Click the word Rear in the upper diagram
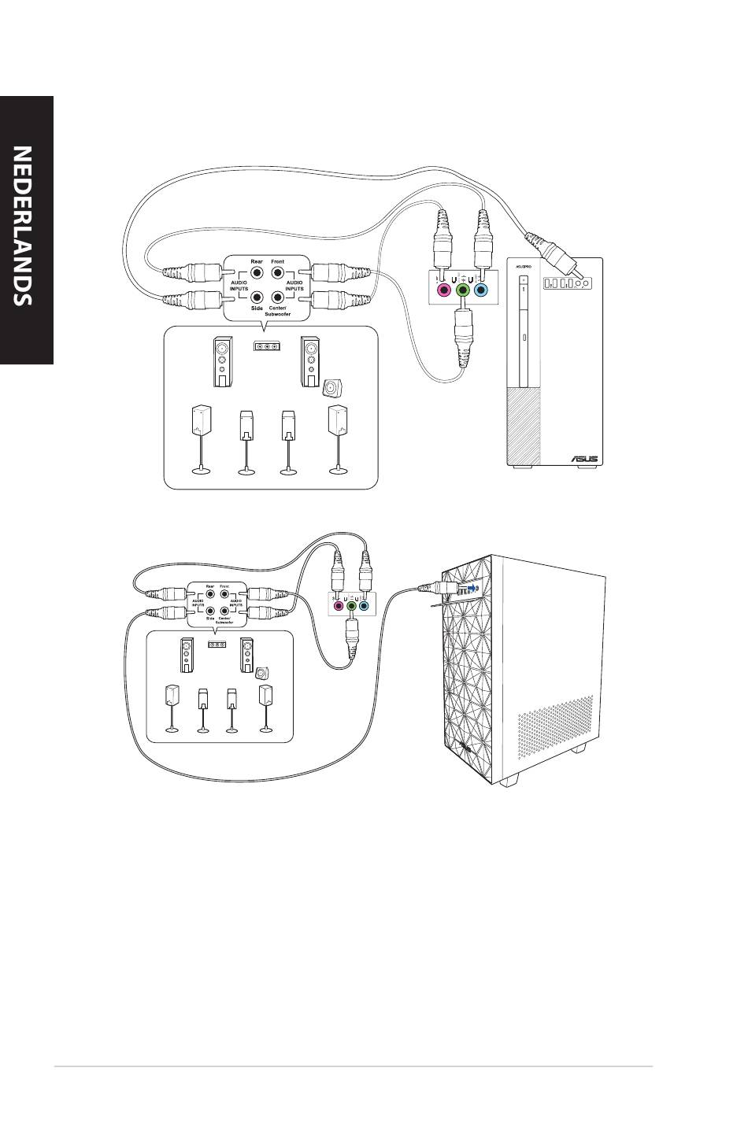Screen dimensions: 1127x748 [256, 261]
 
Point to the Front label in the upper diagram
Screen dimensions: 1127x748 [278, 261]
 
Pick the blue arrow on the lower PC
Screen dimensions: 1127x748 [470, 588]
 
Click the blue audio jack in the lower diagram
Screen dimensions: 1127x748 [363, 606]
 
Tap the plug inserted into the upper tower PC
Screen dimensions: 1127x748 [555, 252]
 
